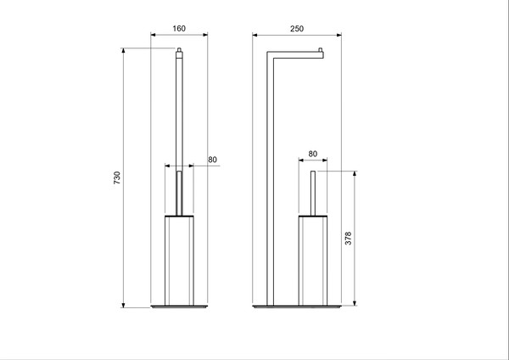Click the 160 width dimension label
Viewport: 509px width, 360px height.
[179, 28]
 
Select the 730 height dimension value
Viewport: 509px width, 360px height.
[117, 178]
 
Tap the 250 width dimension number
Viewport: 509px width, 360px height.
[297, 28]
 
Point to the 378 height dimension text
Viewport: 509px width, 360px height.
[348, 239]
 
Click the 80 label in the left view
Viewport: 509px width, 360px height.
[212, 159]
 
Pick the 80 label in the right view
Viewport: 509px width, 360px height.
[313, 154]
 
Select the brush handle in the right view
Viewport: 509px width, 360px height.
[313, 194]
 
